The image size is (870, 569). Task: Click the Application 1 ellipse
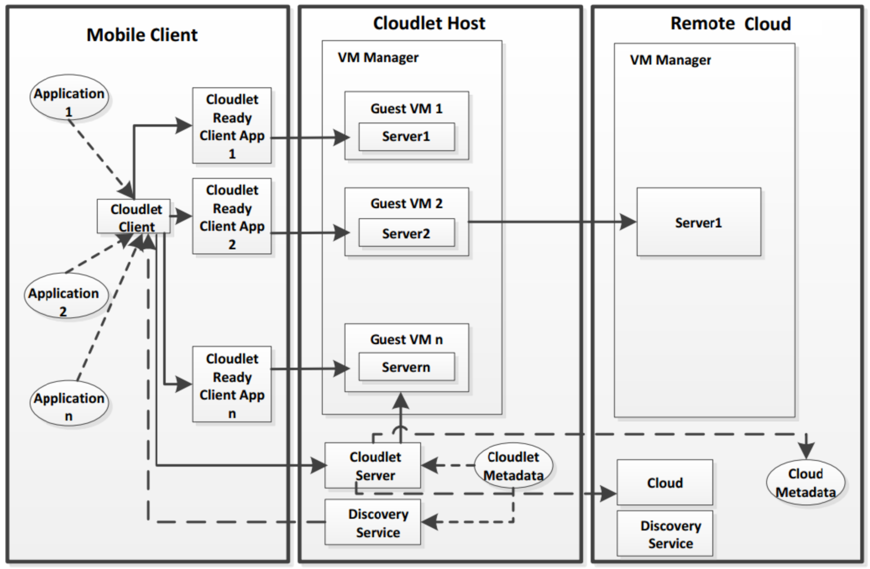tap(69, 98)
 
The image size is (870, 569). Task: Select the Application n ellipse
tap(69, 403)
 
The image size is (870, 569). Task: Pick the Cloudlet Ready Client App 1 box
tap(232, 126)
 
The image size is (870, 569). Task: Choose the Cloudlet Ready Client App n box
tap(232, 385)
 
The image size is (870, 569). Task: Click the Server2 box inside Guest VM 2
tap(406, 233)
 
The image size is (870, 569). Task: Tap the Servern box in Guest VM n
tap(406, 367)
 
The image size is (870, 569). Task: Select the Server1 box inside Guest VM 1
tap(406, 137)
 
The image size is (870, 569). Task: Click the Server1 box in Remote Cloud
tap(699, 222)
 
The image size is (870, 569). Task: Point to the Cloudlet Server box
tap(373, 466)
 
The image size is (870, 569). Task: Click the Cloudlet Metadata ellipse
tap(513, 465)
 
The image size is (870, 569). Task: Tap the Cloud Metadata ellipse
tap(805, 482)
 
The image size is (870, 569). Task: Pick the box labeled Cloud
tap(665, 483)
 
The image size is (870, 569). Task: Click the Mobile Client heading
tap(142, 35)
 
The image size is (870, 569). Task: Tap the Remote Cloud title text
tap(730, 24)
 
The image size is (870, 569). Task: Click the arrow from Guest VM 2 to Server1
tap(552, 221)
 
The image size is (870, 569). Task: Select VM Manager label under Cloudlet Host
tap(378, 57)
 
